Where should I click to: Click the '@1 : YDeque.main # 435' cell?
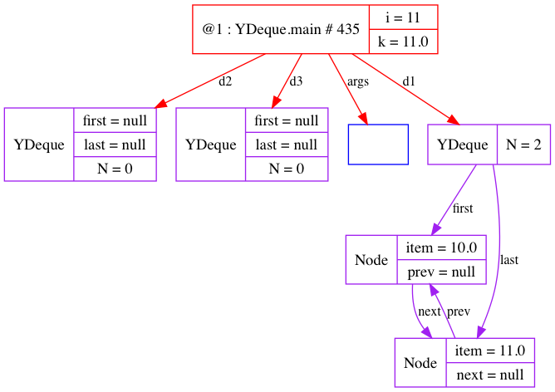click(280, 29)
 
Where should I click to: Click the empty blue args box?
click(378, 145)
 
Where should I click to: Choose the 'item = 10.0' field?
click(440, 247)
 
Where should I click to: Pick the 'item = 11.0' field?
click(490, 350)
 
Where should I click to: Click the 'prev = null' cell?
click(440, 272)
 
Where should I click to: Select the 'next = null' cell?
click(490, 375)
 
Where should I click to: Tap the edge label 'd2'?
click(225, 81)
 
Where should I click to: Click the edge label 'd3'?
click(296, 81)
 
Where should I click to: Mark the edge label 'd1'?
click(409, 81)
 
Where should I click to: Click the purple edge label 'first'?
click(463, 208)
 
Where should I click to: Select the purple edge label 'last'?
click(509, 259)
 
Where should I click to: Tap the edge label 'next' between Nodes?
click(429, 311)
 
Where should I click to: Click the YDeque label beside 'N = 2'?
click(462, 145)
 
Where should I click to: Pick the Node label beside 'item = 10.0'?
click(371, 260)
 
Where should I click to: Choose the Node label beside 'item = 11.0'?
click(420, 363)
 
